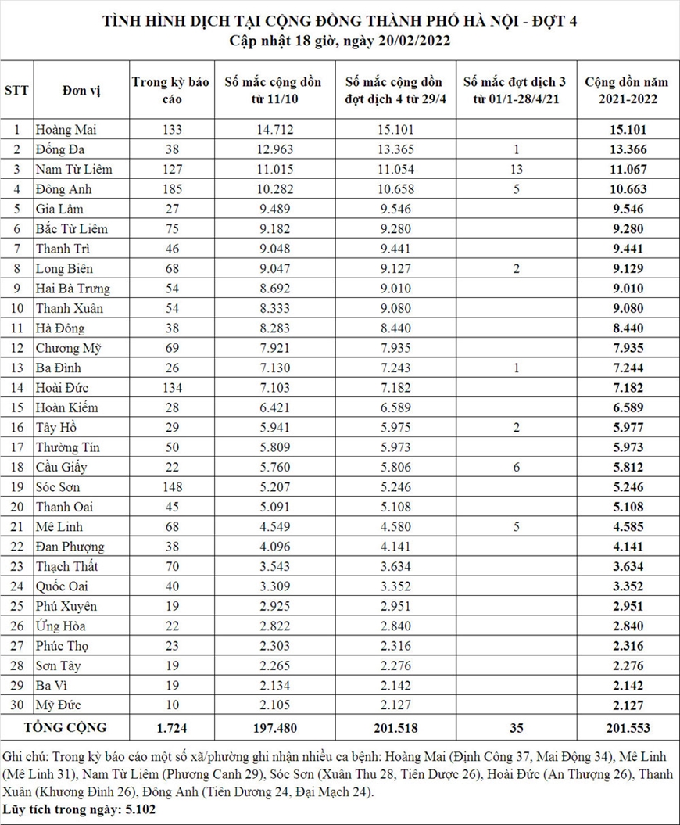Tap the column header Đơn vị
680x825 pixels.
click(81, 90)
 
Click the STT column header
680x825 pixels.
click(16, 90)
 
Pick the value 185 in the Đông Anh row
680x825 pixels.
click(170, 188)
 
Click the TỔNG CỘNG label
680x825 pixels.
click(66, 727)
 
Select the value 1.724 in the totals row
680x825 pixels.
click(170, 728)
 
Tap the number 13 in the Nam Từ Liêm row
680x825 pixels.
click(516, 169)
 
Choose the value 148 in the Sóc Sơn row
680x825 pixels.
click(170, 486)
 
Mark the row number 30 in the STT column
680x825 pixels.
click(16, 705)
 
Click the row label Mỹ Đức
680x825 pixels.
click(59, 705)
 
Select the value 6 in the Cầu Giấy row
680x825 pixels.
click(516, 467)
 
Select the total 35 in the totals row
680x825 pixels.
click(516, 728)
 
